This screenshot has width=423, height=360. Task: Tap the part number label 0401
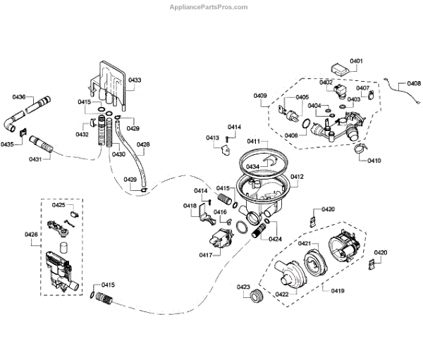coord(356,61)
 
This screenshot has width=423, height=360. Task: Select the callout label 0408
coord(415,83)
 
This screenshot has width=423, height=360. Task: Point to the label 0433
coord(134,80)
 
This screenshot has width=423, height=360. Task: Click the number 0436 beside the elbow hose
coord(19,97)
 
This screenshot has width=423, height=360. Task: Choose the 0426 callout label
coord(31,234)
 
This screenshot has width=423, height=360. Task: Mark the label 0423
coord(243,287)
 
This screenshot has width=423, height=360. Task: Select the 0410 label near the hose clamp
coord(374,161)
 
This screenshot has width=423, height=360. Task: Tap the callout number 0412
coord(297,176)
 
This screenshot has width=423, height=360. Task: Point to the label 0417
coord(206,254)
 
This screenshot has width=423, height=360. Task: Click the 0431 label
coord(35,159)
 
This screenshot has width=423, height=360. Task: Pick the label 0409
coord(260,95)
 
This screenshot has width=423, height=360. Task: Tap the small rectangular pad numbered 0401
coord(340,68)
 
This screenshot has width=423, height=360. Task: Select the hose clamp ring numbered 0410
coord(359,148)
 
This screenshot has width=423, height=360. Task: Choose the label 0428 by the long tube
coord(143,144)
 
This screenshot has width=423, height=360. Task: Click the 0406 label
coord(291,135)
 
